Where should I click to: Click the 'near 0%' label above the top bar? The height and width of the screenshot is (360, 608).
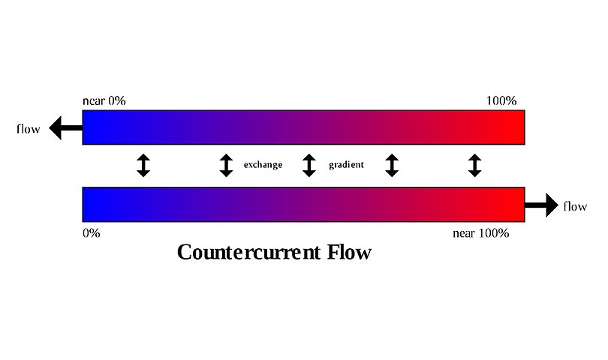click(104, 100)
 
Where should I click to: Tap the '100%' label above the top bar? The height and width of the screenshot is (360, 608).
click(501, 100)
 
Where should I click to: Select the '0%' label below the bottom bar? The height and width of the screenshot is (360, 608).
click(91, 233)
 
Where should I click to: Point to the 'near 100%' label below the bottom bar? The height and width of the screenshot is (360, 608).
click(480, 233)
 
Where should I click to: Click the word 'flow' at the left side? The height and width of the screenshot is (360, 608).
click(29, 128)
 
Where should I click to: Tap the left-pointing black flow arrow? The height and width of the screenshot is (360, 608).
click(65, 129)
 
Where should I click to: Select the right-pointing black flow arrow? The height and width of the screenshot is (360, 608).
click(541, 205)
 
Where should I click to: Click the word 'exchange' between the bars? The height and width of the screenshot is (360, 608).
click(263, 165)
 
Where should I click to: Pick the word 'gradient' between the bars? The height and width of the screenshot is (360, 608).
click(346, 165)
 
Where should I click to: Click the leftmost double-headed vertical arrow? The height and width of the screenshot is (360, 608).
click(143, 165)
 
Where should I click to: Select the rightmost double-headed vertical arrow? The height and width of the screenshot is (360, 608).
click(474, 165)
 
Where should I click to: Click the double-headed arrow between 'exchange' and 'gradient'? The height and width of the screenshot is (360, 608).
click(309, 165)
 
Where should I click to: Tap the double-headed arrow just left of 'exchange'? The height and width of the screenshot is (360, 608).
click(226, 165)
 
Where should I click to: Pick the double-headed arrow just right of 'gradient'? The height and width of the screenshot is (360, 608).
click(391, 165)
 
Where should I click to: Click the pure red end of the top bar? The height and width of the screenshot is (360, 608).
click(510, 127)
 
